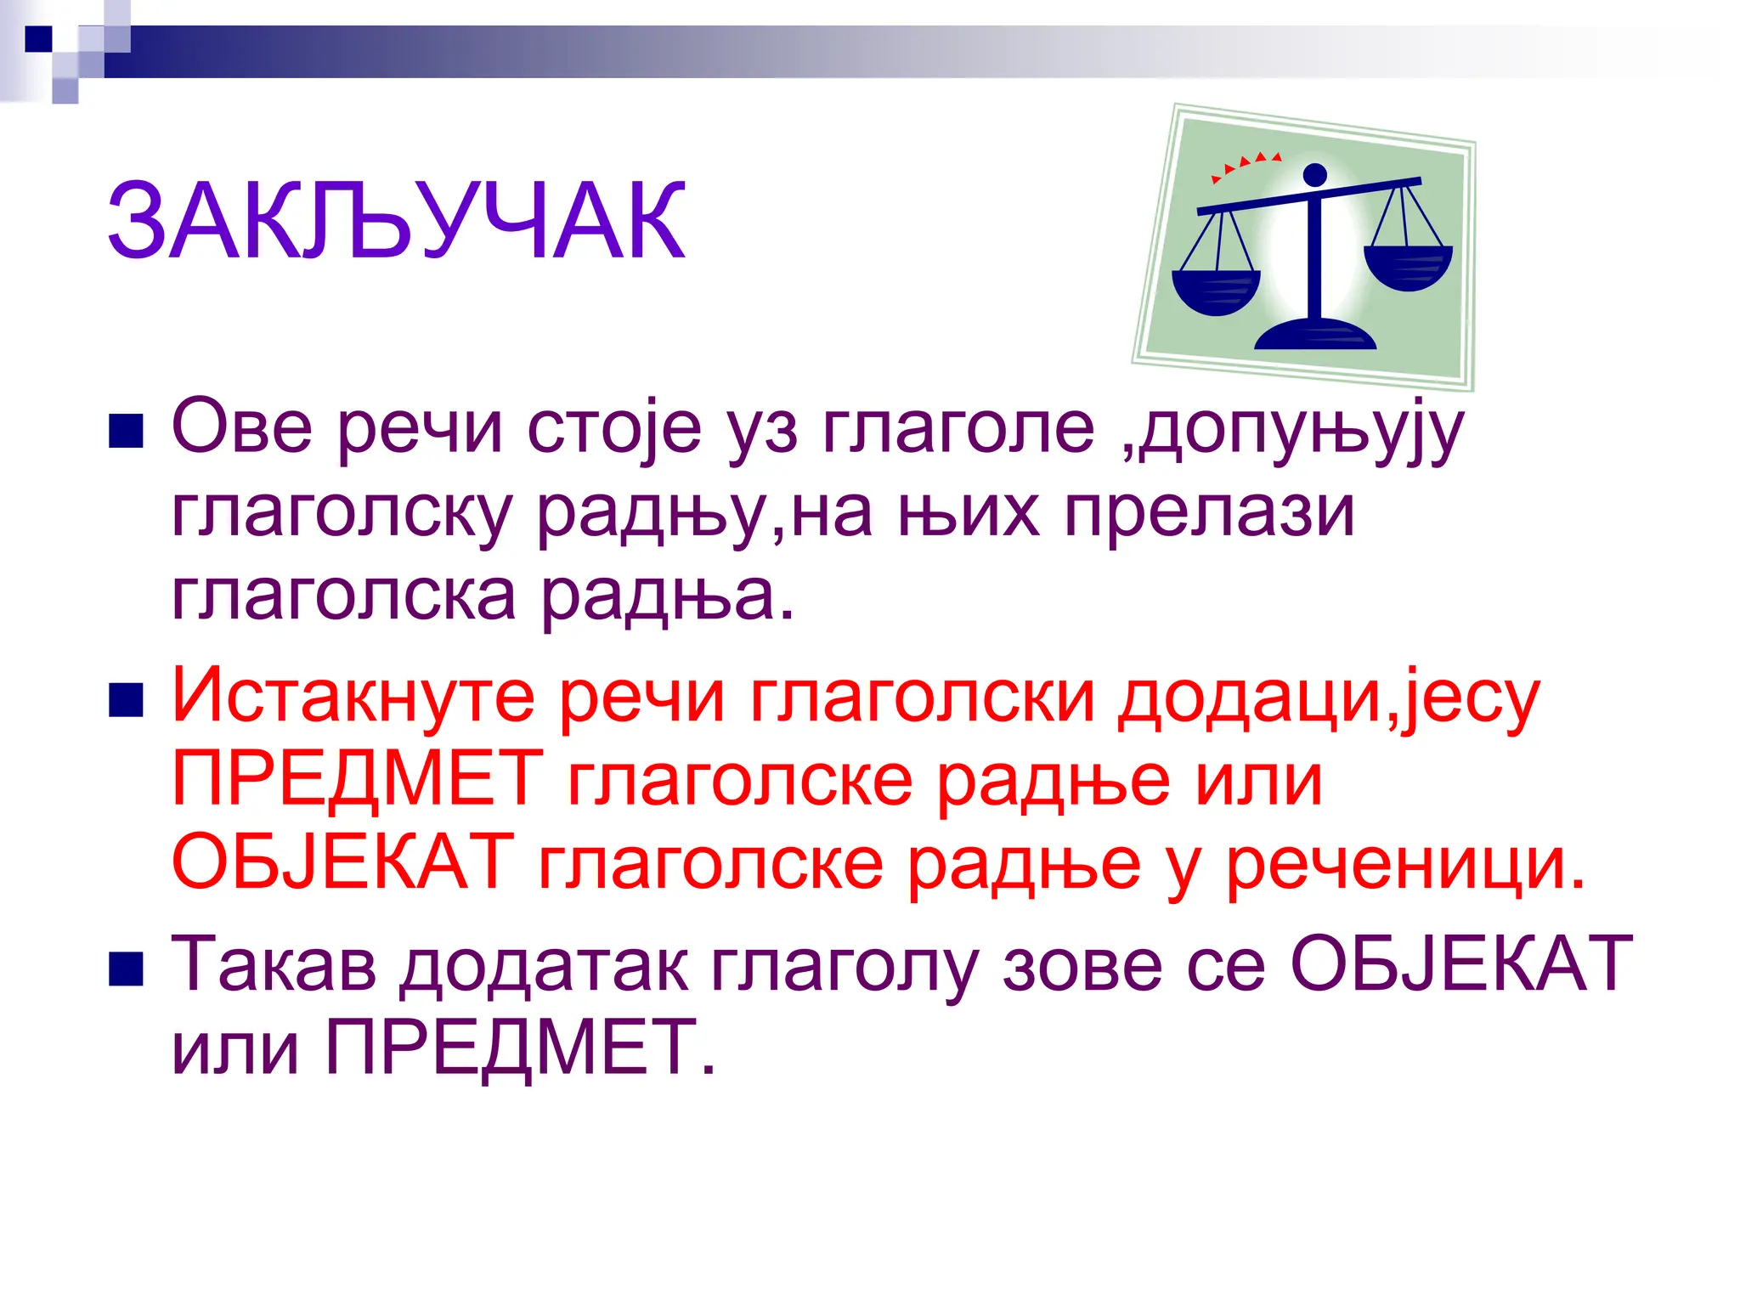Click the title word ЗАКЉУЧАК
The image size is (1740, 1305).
tap(396, 222)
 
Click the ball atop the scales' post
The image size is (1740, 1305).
tap(1314, 175)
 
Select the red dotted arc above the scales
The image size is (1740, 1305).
tap(1245, 163)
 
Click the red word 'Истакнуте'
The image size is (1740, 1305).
tap(353, 697)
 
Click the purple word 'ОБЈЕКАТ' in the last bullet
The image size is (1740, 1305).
tap(1461, 964)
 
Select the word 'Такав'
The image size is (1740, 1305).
tap(274, 964)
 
